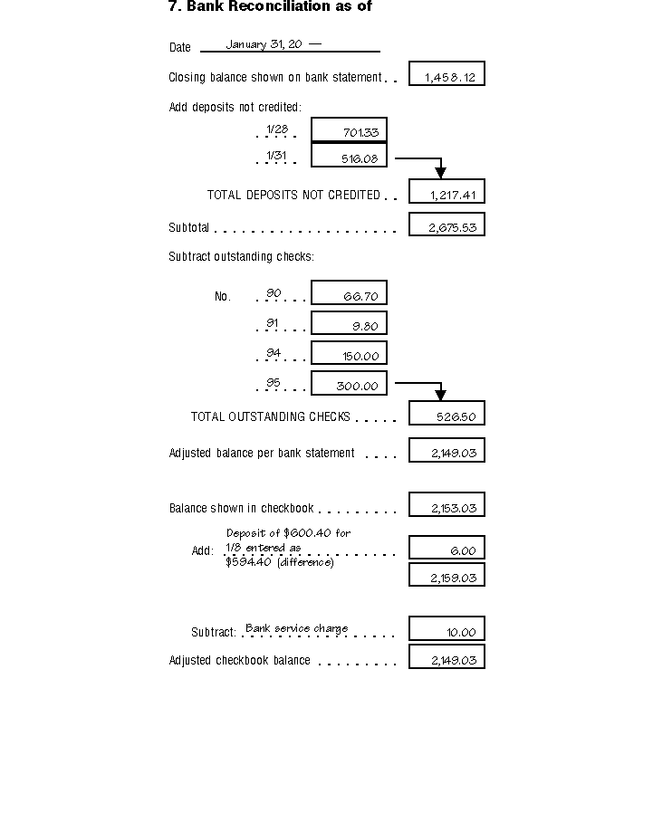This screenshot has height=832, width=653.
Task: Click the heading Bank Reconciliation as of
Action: coord(270,6)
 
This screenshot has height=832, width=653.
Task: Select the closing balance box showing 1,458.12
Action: coord(447,74)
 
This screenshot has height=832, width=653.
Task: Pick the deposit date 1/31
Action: coord(276,156)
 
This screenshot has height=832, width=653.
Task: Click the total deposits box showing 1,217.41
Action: coord(447,192)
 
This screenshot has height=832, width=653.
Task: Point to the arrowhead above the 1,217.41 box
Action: coord(440,172)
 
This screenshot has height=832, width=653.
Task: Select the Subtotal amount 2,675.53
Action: coord(447,225)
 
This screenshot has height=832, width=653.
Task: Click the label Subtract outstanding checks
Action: coord(241,257)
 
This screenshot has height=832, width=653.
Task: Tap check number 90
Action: coord(274,293)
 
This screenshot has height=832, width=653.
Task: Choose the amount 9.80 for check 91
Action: coord(349,324)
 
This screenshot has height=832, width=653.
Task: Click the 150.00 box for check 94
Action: coord(349,354)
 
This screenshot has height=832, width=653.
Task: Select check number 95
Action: coord(274,383)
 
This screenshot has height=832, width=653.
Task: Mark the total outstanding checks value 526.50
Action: coord(447,414)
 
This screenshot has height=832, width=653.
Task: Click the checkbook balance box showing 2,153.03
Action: coord(447,505)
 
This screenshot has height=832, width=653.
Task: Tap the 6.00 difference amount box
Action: coord(447,548)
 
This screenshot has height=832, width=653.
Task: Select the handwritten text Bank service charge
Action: coord(296,628)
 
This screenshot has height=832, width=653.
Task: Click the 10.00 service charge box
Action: coord(447,629)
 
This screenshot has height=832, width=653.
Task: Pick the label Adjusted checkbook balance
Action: coord(240,661)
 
